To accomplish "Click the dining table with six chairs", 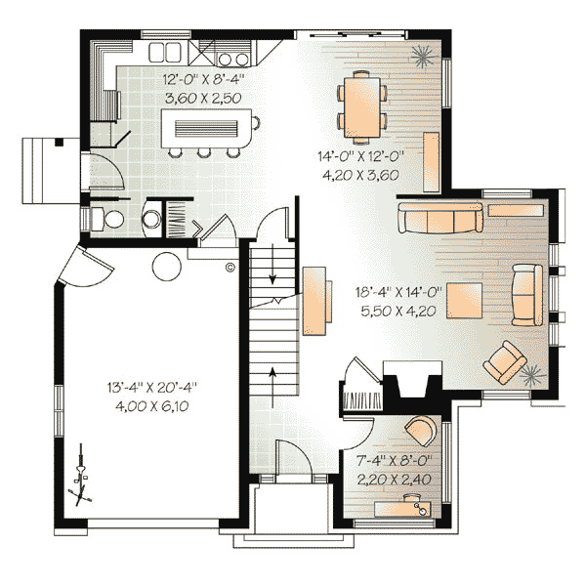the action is (x=361, y=107).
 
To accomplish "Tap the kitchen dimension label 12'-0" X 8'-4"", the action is (x=204, y=79).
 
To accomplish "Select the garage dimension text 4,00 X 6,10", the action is (x=152, y=406).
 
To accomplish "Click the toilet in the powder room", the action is (x=108, y=219).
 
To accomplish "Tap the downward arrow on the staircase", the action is (x=272, y=263).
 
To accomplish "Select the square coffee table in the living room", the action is (x=465, y=301).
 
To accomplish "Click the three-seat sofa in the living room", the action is (x=440, y=218).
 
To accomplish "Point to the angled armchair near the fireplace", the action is (x=505, y=361).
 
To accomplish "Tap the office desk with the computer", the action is (x=402, y=508).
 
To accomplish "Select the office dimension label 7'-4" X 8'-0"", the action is (x=394, y=460).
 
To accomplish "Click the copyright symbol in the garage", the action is (x=230, y=268).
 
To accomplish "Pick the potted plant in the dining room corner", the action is (x=425, y=57).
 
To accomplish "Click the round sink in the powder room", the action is (x=152, y=219).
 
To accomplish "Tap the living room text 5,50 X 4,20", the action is (x=398, y=311).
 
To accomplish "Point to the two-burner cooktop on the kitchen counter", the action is (x=232, y=59).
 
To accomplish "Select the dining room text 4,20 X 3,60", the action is (x=360, y=175).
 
